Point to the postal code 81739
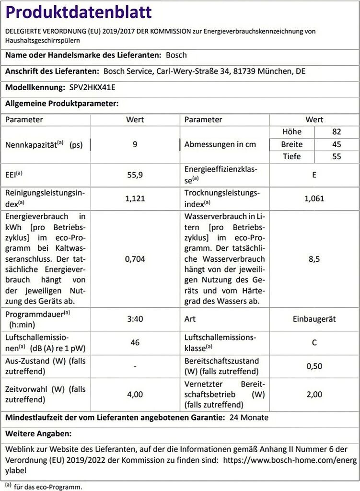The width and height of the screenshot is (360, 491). tap(244, 71)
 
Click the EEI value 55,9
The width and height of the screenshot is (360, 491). tap(135, 175)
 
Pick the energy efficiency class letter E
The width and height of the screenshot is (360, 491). tap(314, 175)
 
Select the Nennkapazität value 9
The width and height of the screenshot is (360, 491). tap(135, 144)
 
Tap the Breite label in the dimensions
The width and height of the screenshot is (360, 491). tap(291, 144)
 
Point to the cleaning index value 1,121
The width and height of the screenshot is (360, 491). tap(135, 199)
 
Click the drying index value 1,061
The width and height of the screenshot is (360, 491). tap(314, 199)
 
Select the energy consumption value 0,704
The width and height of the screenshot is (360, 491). tap(135, 259)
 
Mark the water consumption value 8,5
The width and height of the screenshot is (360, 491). tap(314, 259)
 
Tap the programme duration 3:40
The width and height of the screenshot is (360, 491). tap(135, 319)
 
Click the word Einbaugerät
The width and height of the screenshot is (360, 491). tap(314, 319)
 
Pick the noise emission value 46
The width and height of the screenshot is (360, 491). tap(135, 342)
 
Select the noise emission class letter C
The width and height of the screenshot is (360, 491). tap(314, 342)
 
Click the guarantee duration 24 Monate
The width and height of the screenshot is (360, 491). tap(249, 418)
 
